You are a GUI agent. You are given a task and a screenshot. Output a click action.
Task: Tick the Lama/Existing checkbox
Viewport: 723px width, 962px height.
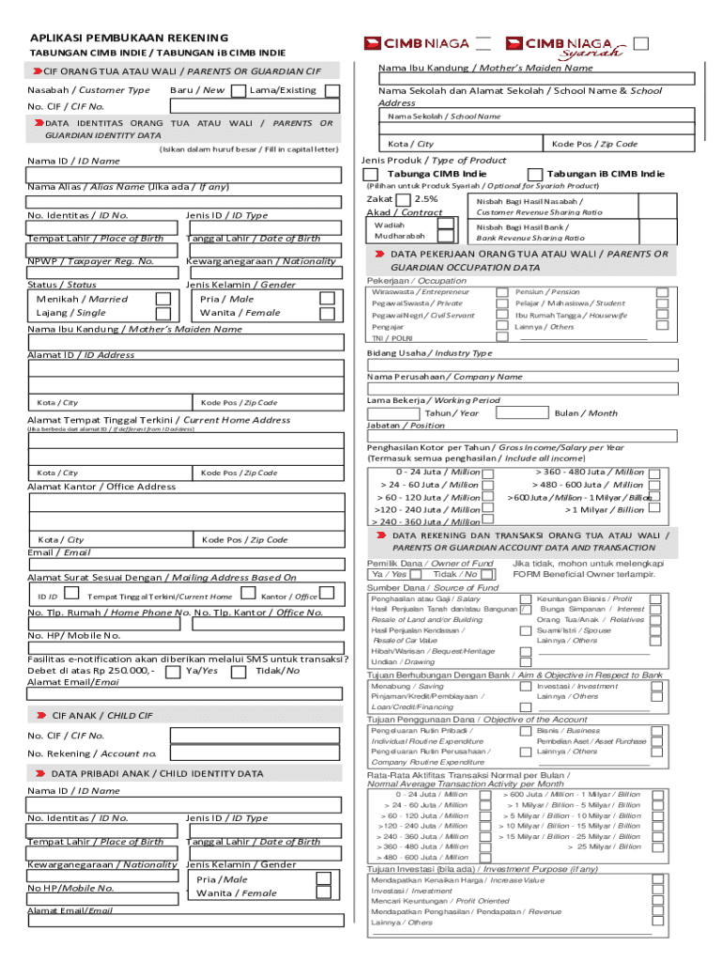click(x=332, y=90)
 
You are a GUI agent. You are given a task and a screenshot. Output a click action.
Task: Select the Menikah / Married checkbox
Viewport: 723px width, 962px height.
click(x=163, y=299)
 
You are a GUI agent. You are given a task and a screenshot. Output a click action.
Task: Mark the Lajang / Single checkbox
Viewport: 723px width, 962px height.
click(x=163, y=314)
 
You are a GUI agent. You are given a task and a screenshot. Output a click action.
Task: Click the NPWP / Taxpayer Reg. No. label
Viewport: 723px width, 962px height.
click(x=91, y=261)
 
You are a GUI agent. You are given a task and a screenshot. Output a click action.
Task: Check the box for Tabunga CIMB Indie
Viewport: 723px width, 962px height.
click(x=372, y=175)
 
